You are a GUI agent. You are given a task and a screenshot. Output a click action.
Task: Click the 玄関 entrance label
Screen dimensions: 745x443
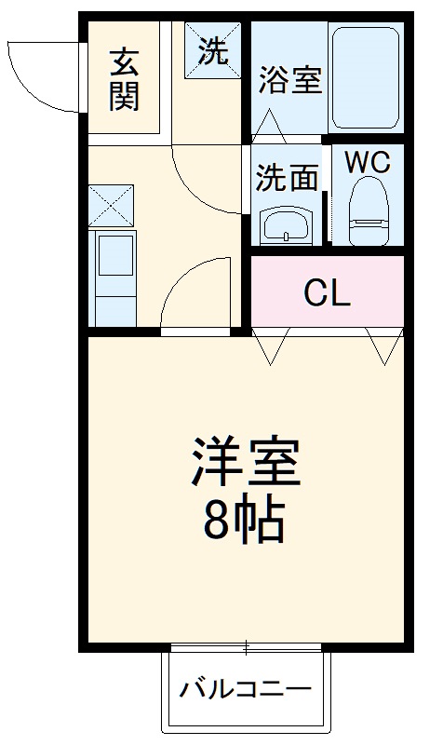coord(124,79)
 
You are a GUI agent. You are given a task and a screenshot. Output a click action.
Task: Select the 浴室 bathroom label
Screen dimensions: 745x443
coord(289,80)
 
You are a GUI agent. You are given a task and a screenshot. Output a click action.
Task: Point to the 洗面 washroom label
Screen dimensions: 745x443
coord(288,176)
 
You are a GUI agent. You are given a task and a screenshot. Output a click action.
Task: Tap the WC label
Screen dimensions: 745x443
coord(368,162)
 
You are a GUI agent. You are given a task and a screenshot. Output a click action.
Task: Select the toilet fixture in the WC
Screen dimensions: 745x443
coord(368,210)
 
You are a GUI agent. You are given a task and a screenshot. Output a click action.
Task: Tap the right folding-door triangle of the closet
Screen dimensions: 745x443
coord(383,347)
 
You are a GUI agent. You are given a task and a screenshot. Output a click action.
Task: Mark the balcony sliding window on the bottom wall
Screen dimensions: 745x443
coord(247,646)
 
